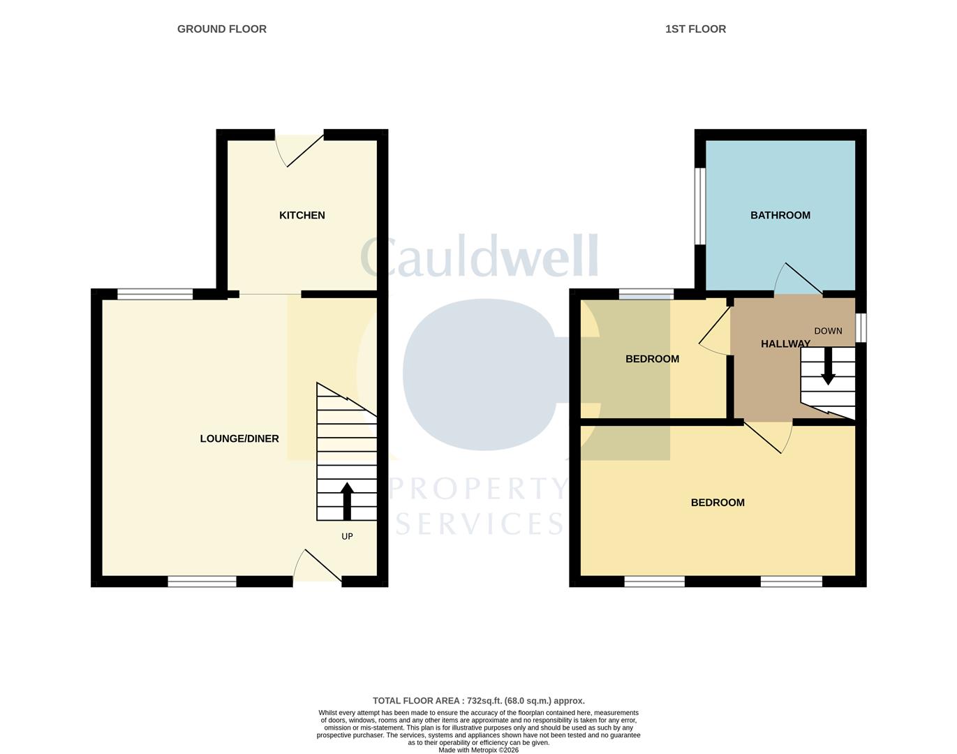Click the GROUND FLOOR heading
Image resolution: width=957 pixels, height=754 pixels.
[221, 29]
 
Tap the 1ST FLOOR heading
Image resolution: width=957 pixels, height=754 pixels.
[695, 29]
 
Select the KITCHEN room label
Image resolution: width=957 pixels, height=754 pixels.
[302, 215]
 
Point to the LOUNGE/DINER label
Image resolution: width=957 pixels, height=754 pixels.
[239, 438]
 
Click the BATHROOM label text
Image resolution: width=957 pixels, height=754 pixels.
[780, 215]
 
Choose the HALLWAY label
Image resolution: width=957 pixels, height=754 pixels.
[785, 343]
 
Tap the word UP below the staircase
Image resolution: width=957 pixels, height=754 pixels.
[347, 536]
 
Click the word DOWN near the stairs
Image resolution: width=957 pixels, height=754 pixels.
[828, 331]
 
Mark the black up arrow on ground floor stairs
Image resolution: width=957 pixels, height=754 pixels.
[347, 501]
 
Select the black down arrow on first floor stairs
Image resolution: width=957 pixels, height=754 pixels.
[828, 367]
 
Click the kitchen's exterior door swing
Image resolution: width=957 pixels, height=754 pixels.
[300, 148]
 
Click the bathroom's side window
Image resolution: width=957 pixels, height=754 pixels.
[699, 206]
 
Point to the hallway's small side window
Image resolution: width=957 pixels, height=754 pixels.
[861, 327]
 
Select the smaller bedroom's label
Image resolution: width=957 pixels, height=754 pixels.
[652, 359]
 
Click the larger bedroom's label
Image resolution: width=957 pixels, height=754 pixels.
[717, 503]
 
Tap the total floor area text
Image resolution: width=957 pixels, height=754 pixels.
[478, 700]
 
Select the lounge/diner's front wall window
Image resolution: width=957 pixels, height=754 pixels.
[202, 581]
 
